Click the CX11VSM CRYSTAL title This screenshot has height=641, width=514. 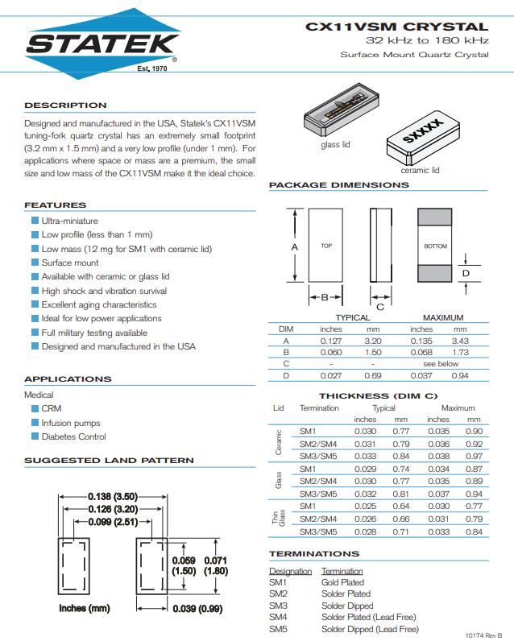(x=396, y=27)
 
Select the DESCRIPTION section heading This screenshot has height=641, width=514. (x=65, y=105)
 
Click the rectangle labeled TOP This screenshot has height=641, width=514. (x=325, y=246)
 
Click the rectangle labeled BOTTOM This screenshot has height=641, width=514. (x=434, y=246)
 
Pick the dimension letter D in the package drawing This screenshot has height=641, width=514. (x=466, y=273)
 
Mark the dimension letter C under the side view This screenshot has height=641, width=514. (x=379, y=305)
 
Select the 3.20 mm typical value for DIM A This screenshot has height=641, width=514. (x=373, y=341)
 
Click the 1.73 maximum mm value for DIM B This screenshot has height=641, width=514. (x=460, y=353)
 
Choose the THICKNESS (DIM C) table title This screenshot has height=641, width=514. (x=378, y=396)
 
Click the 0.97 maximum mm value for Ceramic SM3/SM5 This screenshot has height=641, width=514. (x=474, y=455)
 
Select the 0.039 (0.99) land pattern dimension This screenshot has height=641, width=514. (x=197, y=608)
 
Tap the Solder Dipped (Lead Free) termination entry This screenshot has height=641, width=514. (x=370, y=629)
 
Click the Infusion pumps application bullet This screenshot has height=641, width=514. (x=71, y=423)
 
